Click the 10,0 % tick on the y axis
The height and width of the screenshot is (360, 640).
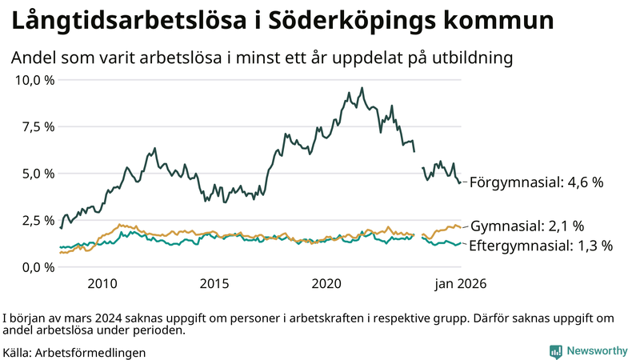[x=34, y=80]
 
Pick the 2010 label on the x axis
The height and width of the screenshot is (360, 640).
[x=102, y=283]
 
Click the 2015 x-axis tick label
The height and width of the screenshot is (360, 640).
[x=214, y=283]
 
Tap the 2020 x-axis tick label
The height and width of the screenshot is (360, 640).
[x=326, y=283]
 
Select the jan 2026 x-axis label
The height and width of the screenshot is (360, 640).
[x=460, y=283]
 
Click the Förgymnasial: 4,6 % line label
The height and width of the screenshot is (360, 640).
[x=535, y=182]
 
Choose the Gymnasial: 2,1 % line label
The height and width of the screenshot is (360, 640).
[x=527, y=226]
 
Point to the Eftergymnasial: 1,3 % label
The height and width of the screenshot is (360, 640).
[x=540, y=246]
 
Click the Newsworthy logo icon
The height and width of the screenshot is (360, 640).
[x=555, y=351]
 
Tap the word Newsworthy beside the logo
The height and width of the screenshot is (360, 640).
[x=597, y=351]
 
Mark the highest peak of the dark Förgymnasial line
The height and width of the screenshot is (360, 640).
[x=362, y=88]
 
